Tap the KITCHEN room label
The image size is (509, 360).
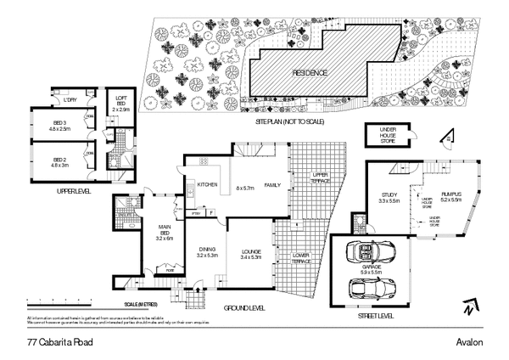click(x=209, y=184)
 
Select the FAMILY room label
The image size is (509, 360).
click(x=272, y=184)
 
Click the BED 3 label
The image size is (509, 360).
click(x=59, y=125)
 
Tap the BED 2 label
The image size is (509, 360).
click(x=59, y=161)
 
